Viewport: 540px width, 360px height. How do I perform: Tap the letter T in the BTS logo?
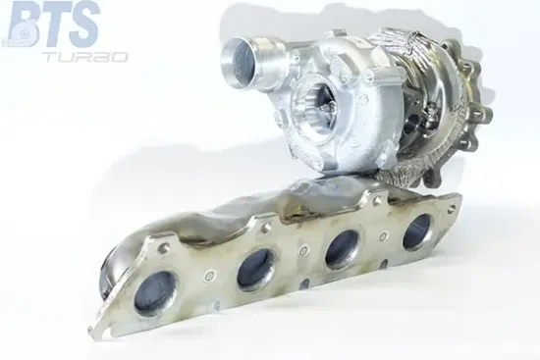pos(56,24)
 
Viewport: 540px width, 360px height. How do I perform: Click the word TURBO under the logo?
pos(86,57)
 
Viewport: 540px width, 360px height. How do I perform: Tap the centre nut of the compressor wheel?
pos(324,110)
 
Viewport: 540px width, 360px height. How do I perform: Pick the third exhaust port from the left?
pos(343,249)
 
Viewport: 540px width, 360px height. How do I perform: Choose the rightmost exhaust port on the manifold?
pos(417,231)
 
